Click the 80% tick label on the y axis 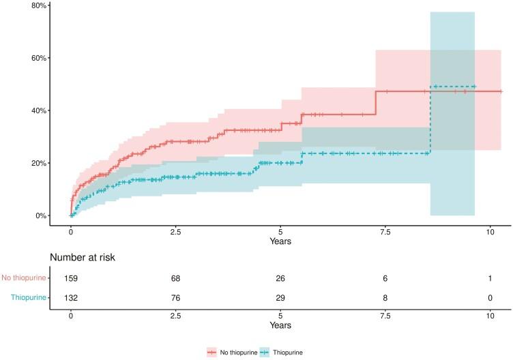[38, 5]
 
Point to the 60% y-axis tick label [38, 58]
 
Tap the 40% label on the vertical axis [38, 110]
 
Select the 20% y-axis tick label [38, 164]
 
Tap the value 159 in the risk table [71, 278]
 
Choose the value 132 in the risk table [71, 297]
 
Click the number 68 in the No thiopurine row [175, 278]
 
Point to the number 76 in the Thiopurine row [175, 297]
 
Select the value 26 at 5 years [280, 278]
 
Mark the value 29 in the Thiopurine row [280, 297]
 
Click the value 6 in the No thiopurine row [385, 278]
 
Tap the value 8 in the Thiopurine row [385, 297]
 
